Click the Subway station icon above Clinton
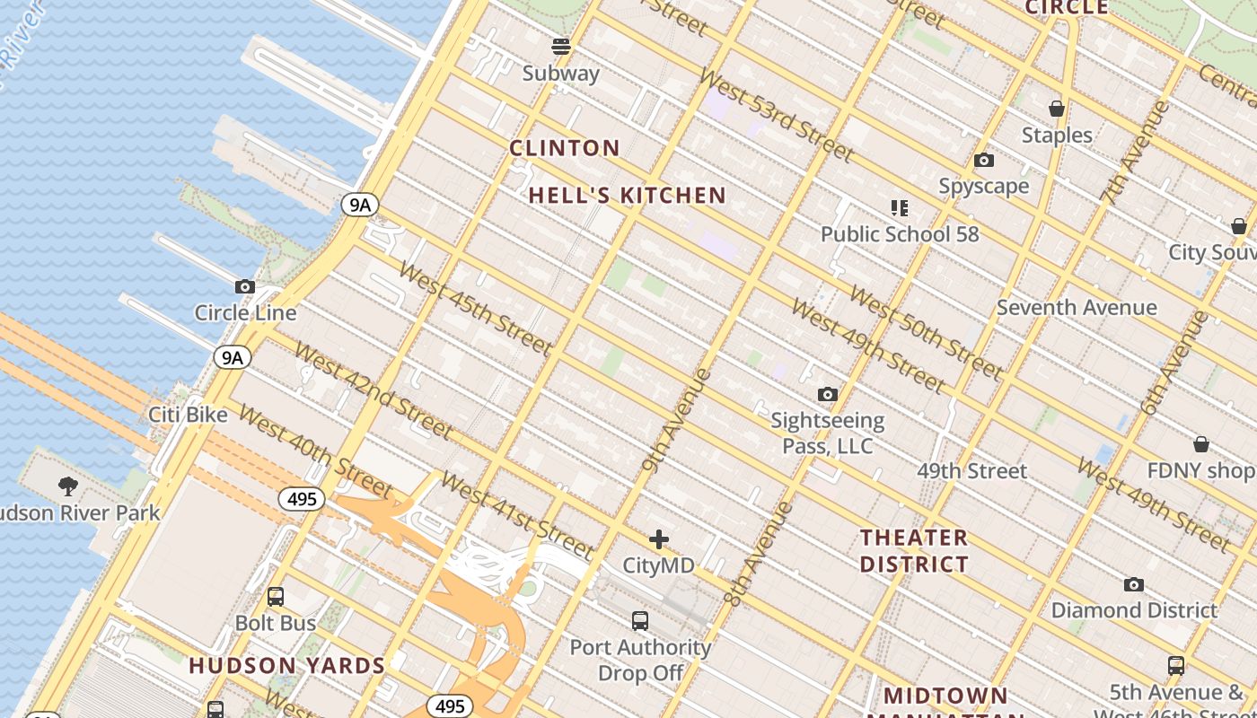point(561,46)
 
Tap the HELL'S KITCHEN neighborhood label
point(627,196)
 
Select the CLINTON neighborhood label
point(565,148)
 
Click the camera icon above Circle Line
point(244,287)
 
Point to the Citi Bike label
point(188,415)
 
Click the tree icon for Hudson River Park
point(67,486)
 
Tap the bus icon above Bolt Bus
point(276,597)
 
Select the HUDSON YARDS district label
point(286,666)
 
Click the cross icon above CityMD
point(659,539)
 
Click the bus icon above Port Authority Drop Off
point(640,621)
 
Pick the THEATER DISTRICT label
point(914,551)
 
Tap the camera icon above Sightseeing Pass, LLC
point(828,394)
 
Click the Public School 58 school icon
point(900,208)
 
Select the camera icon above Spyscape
point(984,161)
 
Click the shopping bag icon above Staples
point(1057,109)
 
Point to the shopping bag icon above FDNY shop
point(1201,444)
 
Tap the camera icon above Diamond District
point(1134,585)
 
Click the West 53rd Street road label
point(778,117)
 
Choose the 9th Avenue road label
point(677,420)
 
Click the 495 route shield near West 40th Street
point(301,499)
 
